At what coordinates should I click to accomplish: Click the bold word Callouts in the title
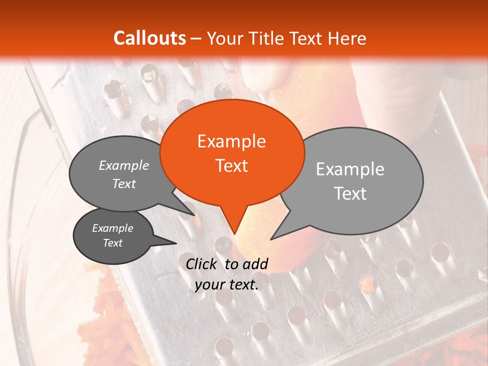point(149,38)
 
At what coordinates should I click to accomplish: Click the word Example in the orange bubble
point(231,141)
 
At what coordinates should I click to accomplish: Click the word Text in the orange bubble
point(232,165)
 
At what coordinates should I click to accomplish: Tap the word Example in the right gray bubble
point(350,169)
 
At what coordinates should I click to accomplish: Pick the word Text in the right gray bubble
point(351,193)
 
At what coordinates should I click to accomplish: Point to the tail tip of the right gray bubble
point(272,238)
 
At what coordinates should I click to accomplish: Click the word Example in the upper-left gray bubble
point(124,165)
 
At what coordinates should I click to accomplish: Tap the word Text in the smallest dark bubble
point(113,243)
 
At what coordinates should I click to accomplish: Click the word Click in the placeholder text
point(203,264)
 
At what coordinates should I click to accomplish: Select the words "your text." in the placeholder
point(227,285)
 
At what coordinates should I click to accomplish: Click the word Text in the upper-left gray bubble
point(124,184)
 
